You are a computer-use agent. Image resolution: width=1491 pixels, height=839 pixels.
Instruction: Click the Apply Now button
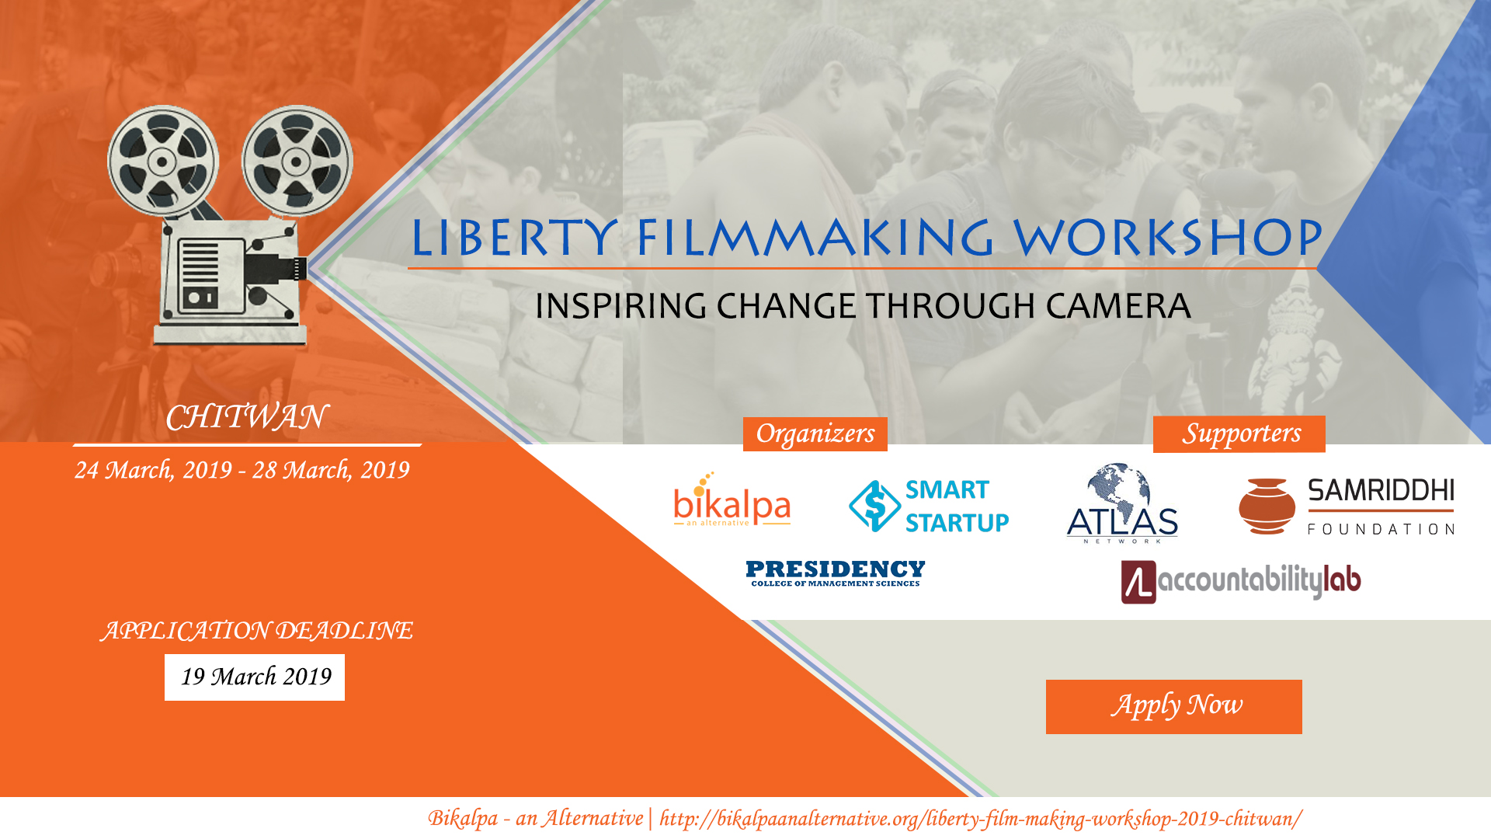tap(1173, 706)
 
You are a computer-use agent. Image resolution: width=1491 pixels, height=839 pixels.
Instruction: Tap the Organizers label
tap(815, 433)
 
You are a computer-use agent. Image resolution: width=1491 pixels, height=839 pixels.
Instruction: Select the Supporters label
tap(1239, 433)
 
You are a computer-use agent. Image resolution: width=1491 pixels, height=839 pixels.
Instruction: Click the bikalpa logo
tap(732, 501)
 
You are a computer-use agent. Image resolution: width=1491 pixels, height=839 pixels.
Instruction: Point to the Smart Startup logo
tap(929, 506)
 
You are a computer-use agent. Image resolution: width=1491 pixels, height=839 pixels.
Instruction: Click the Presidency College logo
tap(836, 573)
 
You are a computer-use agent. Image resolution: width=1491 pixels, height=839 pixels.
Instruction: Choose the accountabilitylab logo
tap(1241, 582)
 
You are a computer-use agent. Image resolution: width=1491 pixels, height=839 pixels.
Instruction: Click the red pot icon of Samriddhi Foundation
tap(1267, 507)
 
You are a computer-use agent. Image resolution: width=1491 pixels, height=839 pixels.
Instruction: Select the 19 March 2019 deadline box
tap(255, 677)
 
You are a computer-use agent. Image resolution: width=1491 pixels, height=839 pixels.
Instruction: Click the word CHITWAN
tap(247, 417)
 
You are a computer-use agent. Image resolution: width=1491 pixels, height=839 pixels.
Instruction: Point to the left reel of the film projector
tap(163, 162)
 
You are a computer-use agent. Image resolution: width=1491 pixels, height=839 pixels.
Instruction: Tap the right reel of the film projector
tap(297, 162)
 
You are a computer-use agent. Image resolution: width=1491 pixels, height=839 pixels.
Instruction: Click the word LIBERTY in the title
tap(515, 238)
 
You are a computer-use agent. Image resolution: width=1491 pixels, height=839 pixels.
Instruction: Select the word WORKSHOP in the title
tap(1169, 238)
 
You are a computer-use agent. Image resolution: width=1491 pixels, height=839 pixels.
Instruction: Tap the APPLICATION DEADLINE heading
tap(257, 630)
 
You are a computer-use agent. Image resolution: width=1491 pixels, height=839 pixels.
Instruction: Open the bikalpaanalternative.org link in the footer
tap(981, 819)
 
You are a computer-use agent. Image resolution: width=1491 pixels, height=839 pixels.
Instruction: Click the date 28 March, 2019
tap(331, 470)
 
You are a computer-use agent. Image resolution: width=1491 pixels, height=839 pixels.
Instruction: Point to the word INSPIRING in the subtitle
tap(621, 306)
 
